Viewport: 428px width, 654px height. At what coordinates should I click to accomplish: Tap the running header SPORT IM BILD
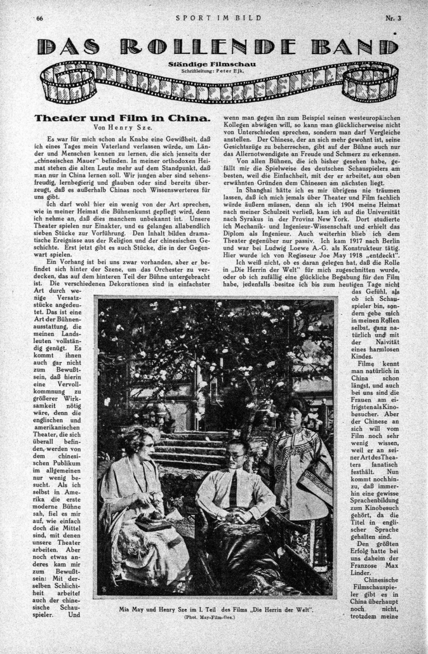tap(219, 17)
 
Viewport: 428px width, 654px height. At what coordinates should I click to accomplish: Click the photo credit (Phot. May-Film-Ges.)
tap(217, 617)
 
